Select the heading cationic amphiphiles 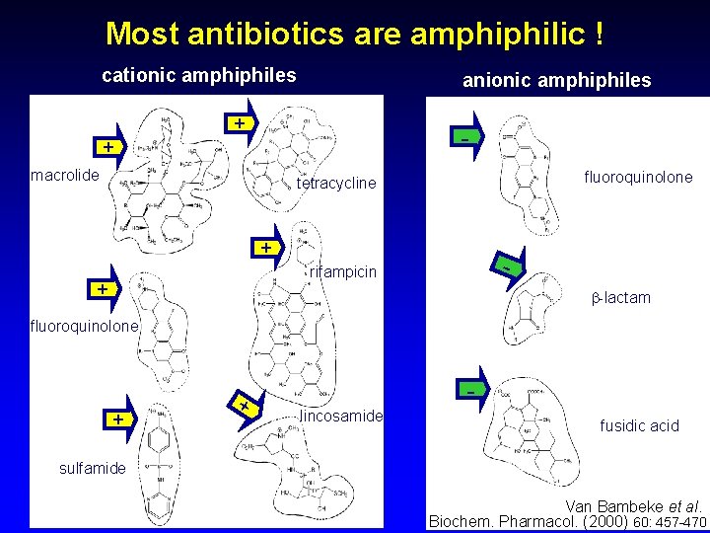(199, 75)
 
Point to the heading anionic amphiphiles (557, 80)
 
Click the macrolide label (65, 176)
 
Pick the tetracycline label (336, 183)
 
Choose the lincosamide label (340, 417)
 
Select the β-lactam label (620, 297)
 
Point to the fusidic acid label (639, 425)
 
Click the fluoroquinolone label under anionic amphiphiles (638, 178)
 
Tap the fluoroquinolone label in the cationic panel (85, 325)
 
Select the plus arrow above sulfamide (119, 419)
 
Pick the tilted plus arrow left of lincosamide (244, 403)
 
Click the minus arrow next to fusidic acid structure (471, 391)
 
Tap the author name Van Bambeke (604, 505)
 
